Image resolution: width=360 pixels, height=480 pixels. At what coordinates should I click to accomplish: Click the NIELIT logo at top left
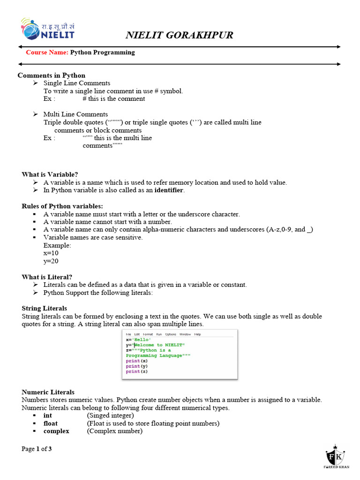[47, 30]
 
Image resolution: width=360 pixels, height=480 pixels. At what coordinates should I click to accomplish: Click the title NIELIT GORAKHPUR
[180, 35]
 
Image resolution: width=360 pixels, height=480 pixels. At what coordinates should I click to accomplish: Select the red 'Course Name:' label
[47, 52]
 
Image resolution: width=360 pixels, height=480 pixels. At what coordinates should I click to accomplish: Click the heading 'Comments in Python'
[52, 75]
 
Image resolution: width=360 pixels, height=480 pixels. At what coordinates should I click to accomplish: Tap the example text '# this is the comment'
[113, 99]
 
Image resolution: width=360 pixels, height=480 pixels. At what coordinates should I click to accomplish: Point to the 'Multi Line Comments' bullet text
[75, 114]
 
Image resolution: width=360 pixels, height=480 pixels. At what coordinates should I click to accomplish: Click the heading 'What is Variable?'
[50, 174]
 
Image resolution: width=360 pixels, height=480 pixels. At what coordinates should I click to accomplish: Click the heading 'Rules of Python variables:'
[62, 206]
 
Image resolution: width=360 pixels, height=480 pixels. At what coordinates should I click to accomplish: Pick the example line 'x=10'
[51, 253]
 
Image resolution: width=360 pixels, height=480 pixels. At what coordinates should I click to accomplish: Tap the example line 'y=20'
[51, 261]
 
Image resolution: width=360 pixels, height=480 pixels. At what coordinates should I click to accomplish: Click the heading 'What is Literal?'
[47, 277]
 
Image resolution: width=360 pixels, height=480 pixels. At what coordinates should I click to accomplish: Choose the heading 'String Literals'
[44, 308]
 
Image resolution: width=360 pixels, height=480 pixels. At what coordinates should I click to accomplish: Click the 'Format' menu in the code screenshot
[148, 334]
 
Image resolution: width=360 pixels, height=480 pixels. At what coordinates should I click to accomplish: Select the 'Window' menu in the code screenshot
[185, 334]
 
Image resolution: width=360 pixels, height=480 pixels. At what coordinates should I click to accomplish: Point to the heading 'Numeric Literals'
[48, 392]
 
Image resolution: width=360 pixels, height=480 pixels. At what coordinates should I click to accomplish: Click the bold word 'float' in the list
[51, 423]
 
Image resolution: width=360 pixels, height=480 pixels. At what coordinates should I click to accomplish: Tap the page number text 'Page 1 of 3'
[37, 449]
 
